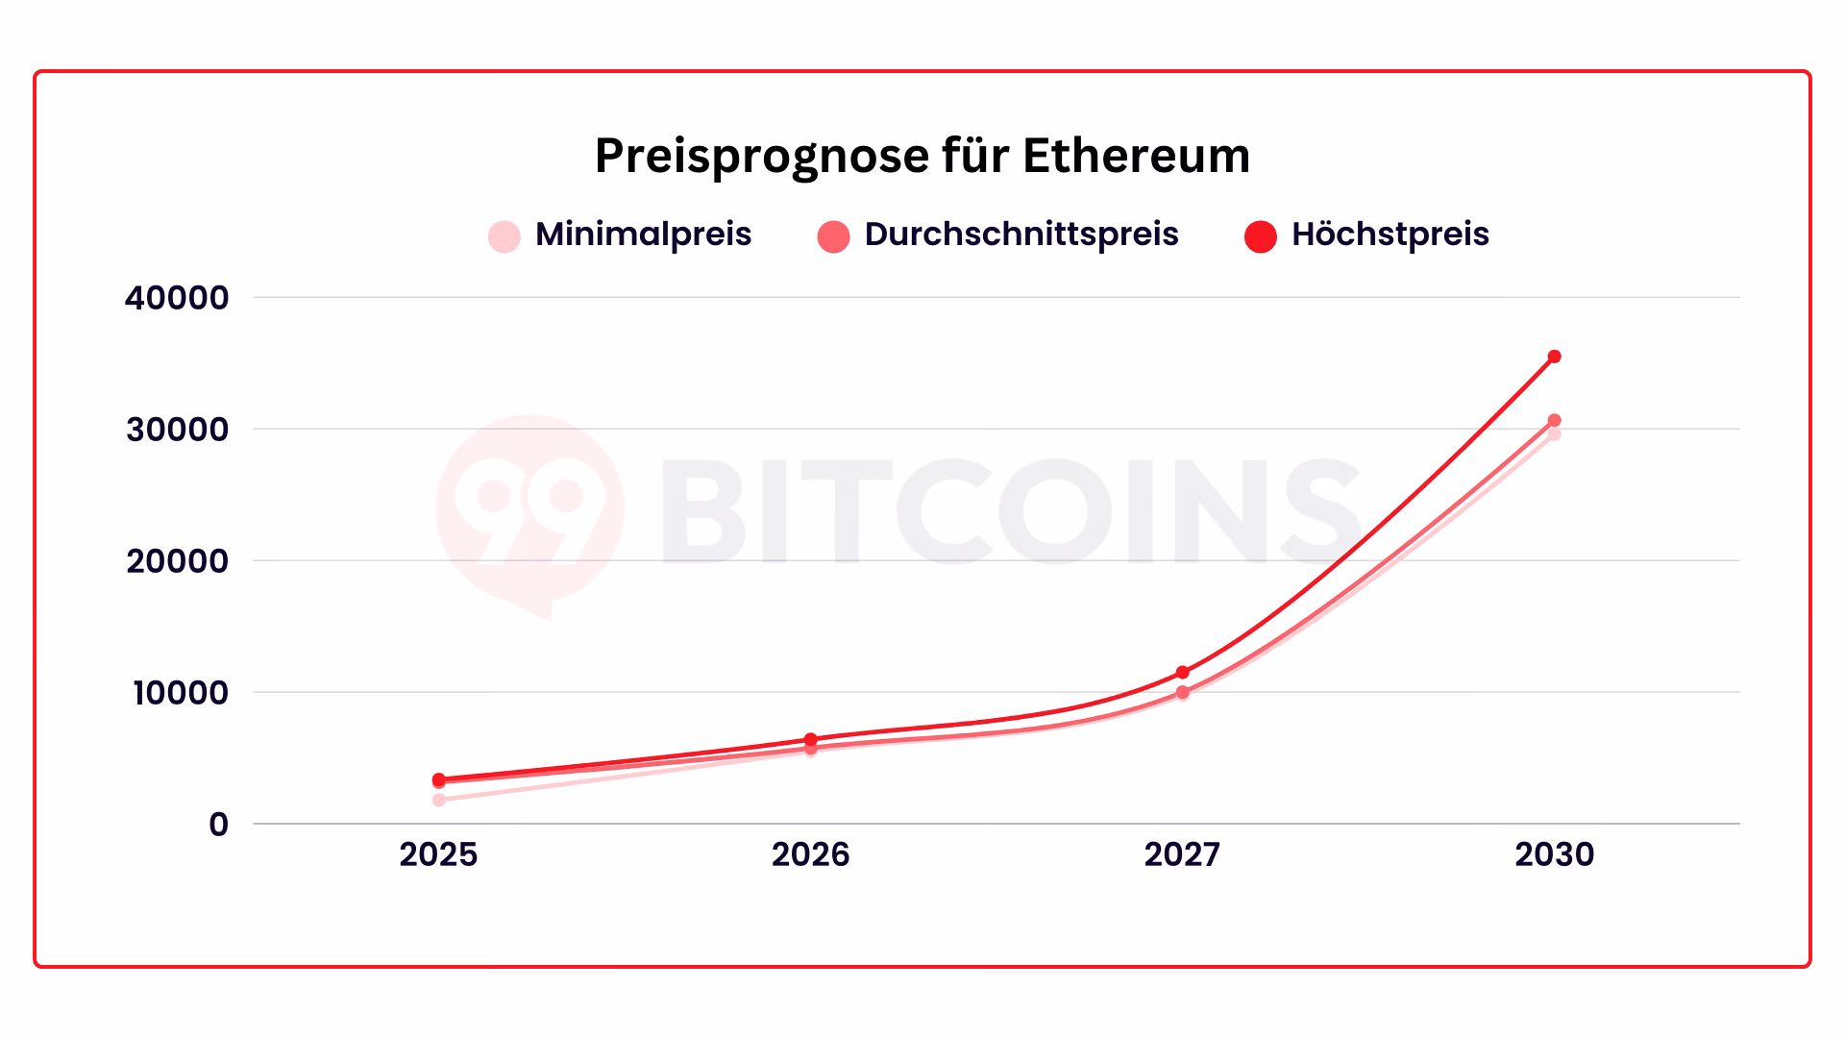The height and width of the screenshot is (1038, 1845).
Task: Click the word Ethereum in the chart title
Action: pyautogui.click(x=1136, y=156)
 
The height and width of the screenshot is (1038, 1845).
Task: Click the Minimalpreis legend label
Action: pyautogui.click(x=643, y=235)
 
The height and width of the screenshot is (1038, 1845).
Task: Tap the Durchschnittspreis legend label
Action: pyautogui.click(x=1021, y=235)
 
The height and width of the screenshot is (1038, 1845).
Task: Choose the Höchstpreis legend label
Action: pyautogui.click(x=1390, y=235)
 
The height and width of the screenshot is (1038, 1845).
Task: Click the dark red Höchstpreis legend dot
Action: pyautogui.click(x=1260, y=236)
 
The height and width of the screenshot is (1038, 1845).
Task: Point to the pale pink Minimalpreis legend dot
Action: pyautogui.click(x=504, y=236)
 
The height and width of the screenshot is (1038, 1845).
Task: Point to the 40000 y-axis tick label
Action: pyautogui.click(x=177, y=298)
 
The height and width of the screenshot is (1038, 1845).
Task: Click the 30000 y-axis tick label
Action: pyautogui.click(x=177, y=430)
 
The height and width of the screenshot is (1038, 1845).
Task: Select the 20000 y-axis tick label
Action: pyautogui.click(x=177, y=561)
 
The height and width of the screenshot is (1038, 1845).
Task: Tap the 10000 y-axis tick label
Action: pyautogui.click(x=180, y=693)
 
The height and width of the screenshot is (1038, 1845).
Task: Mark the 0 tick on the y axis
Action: pyautogui.click(x=218, y=825)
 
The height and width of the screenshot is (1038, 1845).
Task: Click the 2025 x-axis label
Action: pyautogui.click(x=438, y=854)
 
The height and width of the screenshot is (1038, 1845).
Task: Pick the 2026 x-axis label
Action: pyautogui.click(x=810, y=854)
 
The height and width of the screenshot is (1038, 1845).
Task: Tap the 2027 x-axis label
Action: pyautogui.click(x=1182, y=854)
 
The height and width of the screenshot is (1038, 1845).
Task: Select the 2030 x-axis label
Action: pyautogui.click(x=1554, y=854)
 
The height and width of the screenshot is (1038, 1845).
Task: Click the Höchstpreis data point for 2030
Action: pyautogui.click(x=1554, y=357)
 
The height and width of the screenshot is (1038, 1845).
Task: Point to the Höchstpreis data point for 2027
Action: pyautogui.click(x=1182, y=672)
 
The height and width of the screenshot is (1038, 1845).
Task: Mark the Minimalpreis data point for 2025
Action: pyautogui.click(x=439, y=800)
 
